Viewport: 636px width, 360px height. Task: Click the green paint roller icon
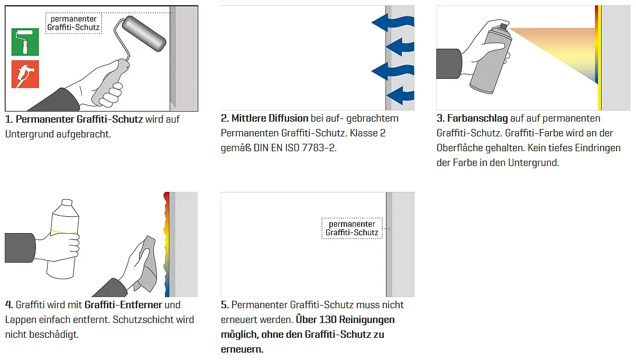25,42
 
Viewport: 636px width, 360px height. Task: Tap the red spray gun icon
25,74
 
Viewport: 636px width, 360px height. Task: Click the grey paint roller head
144,34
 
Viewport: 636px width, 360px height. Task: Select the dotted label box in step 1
73,23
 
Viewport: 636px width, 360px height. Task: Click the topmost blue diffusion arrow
393,22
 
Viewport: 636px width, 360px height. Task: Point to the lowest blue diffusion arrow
400,96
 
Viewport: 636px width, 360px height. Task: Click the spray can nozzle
504,26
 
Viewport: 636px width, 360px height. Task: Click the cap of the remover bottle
67,202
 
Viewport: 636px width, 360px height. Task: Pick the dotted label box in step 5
352,228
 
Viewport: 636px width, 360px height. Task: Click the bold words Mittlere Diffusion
270,118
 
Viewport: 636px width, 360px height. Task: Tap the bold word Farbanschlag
477,118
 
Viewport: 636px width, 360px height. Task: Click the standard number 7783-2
319,147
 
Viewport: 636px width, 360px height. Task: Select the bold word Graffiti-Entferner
123,304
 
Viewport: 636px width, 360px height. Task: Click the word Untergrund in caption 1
30,134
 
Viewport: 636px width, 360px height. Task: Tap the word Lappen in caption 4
21,320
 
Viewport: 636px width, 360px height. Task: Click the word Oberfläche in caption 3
459,147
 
